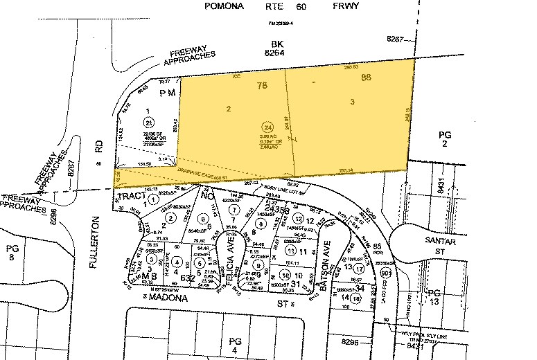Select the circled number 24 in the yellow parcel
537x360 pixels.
267,127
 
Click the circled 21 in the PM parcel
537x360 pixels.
148,123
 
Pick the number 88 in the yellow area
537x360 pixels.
367,78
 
